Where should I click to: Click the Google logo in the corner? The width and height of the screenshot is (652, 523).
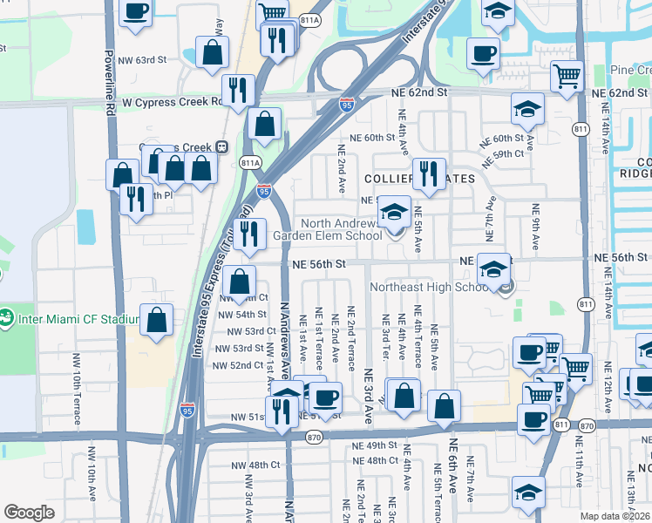tap(30, 513)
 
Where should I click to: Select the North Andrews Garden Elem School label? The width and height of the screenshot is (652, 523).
tap(327, 229)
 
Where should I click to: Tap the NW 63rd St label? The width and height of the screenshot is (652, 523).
tap(143, 59)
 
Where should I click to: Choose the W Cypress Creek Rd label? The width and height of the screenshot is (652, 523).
tap(172, 101)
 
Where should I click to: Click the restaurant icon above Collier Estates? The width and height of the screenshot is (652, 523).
tap(428, 173)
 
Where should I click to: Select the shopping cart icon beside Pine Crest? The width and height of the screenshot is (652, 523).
tap(567, 77)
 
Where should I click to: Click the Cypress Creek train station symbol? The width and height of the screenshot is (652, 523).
tap(222, 147)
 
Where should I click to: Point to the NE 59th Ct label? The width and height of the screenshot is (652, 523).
tap(507, 153)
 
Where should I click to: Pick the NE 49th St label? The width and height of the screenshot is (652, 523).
tap(374, 445)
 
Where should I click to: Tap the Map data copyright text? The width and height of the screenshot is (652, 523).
tap(615, 516)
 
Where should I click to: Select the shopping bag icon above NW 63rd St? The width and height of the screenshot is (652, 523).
tap(212, 51)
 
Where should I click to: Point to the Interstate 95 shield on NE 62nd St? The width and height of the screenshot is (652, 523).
tap(346, 105)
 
